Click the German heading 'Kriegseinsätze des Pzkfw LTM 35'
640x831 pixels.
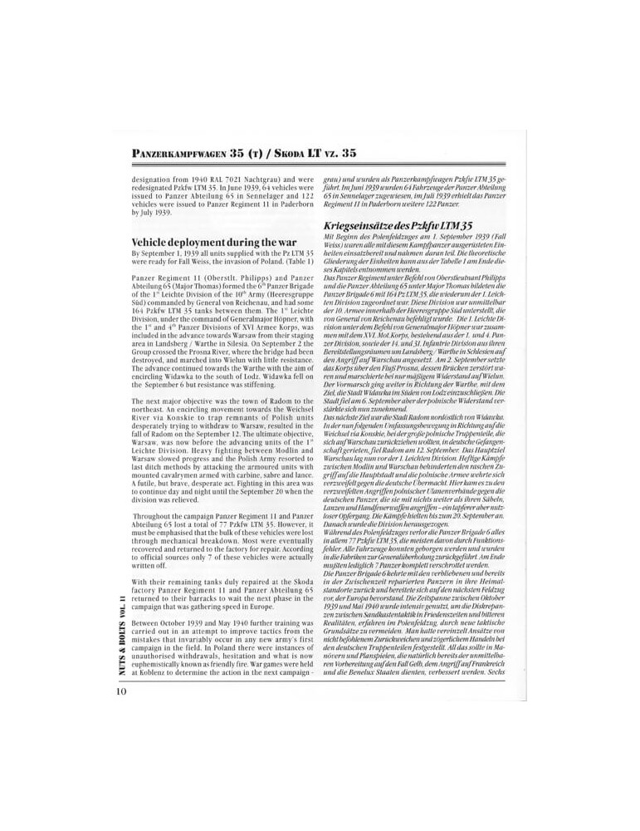point(401,225)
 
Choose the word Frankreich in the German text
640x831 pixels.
point(487,661)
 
